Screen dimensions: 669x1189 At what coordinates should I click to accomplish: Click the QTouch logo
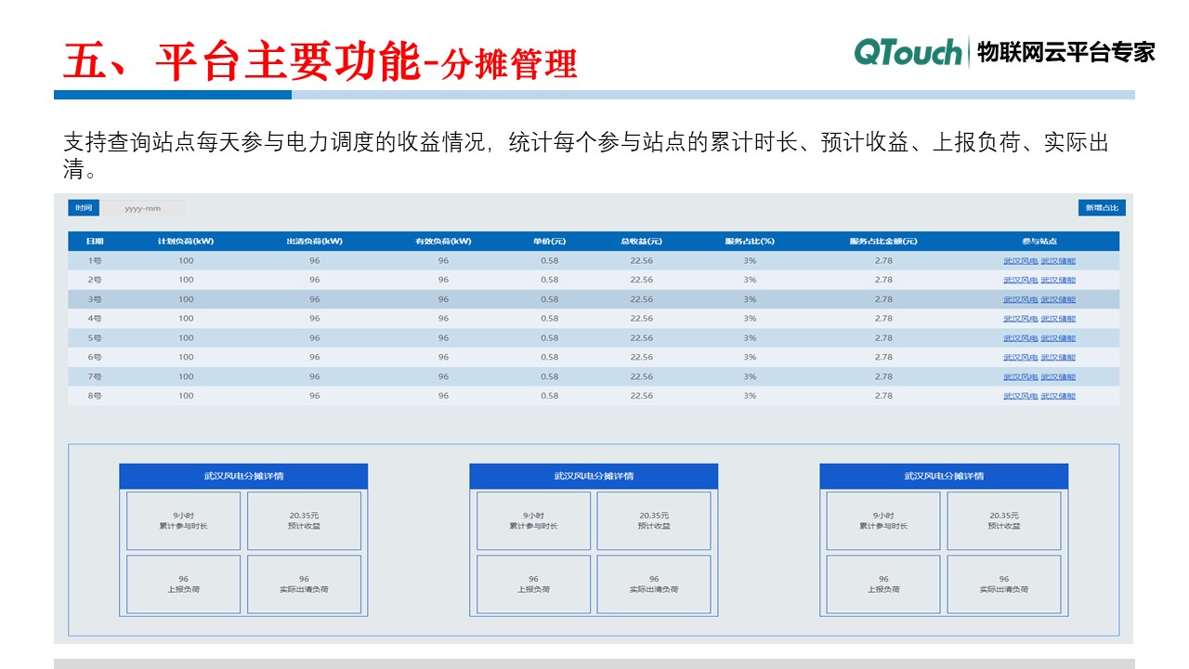pos(908,52)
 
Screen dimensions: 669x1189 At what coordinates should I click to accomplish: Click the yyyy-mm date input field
pos(143,208)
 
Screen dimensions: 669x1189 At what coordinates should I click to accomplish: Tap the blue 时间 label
pos(84,208)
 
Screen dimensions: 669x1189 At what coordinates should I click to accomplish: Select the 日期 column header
pos(95,242)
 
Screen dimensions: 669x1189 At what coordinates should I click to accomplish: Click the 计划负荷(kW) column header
pos(186,242)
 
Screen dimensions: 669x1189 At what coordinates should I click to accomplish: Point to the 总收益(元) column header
pos(641,242)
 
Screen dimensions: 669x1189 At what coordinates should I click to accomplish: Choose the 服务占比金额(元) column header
pos(882,242)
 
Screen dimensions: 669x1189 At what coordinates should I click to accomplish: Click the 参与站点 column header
pos(1039,242)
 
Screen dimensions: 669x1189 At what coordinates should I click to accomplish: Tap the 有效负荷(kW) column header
pos(443,242)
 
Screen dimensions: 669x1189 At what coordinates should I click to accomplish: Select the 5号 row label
pos(95,338)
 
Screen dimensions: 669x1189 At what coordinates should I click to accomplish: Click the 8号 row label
pos(95,396)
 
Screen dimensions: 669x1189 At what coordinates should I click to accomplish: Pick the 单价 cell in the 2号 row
pos(550,280)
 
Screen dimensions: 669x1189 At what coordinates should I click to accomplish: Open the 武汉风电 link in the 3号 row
pos(1020,299)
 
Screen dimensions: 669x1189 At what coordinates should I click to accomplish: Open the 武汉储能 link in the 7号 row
pos(1058,376)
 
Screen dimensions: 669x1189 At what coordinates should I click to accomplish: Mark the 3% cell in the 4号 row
pos(750,319)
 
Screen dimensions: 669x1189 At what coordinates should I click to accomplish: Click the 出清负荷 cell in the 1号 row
pos(315,261)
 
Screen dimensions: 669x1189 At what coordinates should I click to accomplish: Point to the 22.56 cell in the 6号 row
pos(641,357)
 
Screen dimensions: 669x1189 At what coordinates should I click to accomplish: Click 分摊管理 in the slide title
pos(510,64)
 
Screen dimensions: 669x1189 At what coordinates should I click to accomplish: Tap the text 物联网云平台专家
pos(1066,52)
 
